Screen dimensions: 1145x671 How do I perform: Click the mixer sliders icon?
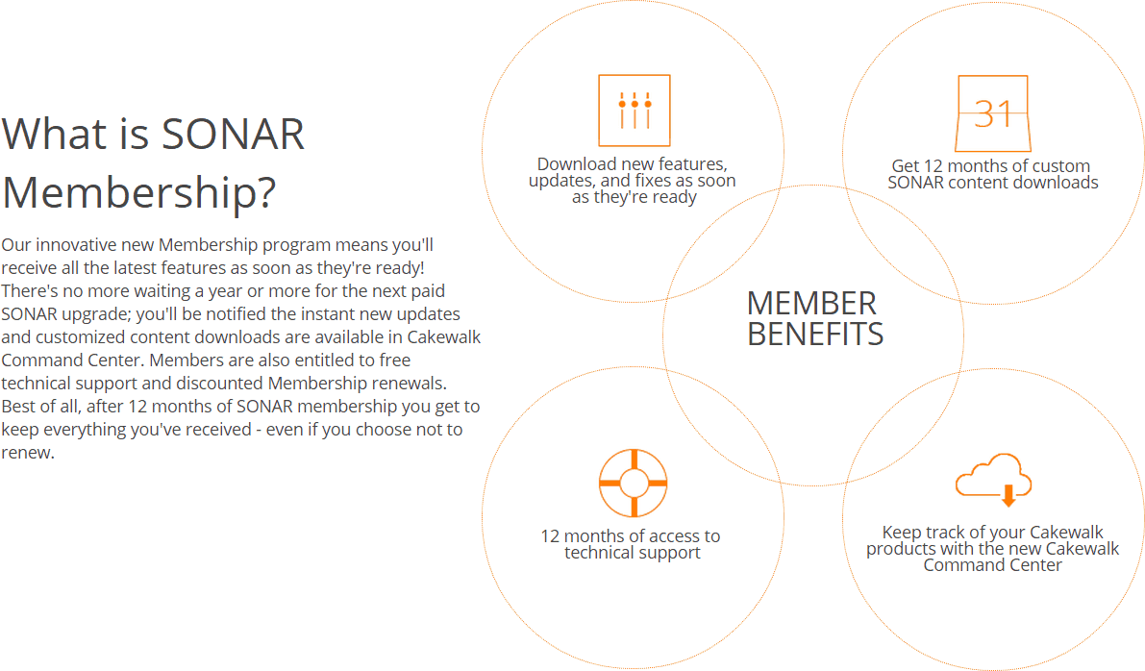coord(634,111)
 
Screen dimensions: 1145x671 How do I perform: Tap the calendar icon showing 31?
coord(993,113)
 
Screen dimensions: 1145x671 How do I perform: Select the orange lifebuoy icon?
coord(634,483)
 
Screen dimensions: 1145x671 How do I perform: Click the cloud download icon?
coord(993,479)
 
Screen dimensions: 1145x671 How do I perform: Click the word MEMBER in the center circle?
coord(811,304)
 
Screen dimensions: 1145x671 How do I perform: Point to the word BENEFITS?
coord(815,335)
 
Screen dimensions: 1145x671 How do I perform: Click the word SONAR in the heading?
coord(233,134)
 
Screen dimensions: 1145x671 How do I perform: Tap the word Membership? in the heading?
coord(139,193)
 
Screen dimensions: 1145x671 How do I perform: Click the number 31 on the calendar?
coord(993,113)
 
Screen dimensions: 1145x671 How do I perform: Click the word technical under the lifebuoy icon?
coord(598,553)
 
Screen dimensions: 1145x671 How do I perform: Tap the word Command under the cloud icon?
coord(956,565)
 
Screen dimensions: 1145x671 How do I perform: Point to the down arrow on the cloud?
coord(1008,495)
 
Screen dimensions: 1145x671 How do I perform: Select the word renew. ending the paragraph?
coord(28,453)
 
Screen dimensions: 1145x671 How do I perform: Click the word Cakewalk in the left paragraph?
coord(444,337)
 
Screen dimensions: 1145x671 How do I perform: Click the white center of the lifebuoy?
coord(634,483)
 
